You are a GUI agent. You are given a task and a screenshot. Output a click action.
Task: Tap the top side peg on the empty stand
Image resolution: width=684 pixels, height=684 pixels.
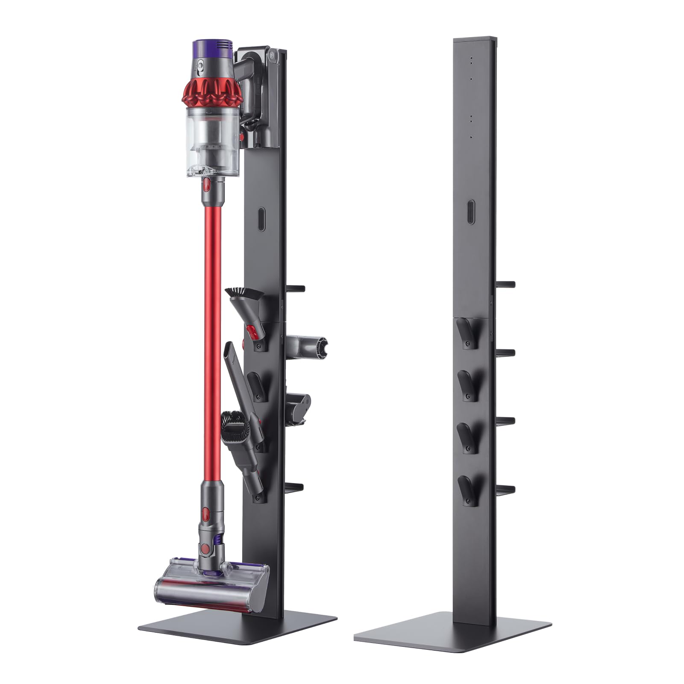click(x=506, y=284)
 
